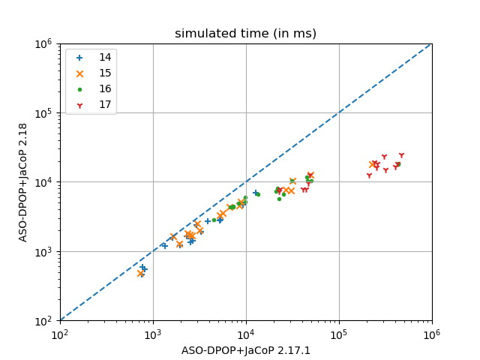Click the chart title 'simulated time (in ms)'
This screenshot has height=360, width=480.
[x=245, y=34]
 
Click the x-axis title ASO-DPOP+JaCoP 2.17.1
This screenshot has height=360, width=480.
[x=245, y=350]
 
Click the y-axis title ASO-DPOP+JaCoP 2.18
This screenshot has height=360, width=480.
[x=23, y=182]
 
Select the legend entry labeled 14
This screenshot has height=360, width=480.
[x=105, y=57]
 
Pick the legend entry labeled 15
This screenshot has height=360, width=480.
[x=105, y=73]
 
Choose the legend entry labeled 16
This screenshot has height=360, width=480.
[x=105, y=88]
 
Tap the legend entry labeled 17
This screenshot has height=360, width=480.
[x=105, y=104]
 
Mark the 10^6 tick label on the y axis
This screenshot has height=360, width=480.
[x=42, y=43]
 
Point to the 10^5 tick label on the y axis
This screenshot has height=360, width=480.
[x=42, y=112]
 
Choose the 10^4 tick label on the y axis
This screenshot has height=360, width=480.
[x=42, y=182]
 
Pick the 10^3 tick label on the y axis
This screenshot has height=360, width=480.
[x=42, y=251]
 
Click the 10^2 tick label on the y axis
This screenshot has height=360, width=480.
[x=42, y=321]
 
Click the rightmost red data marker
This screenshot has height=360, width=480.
[x=401, y=156]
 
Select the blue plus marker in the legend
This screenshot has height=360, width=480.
[x=80, y=57]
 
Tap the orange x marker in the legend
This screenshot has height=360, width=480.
[x=80, y=73]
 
